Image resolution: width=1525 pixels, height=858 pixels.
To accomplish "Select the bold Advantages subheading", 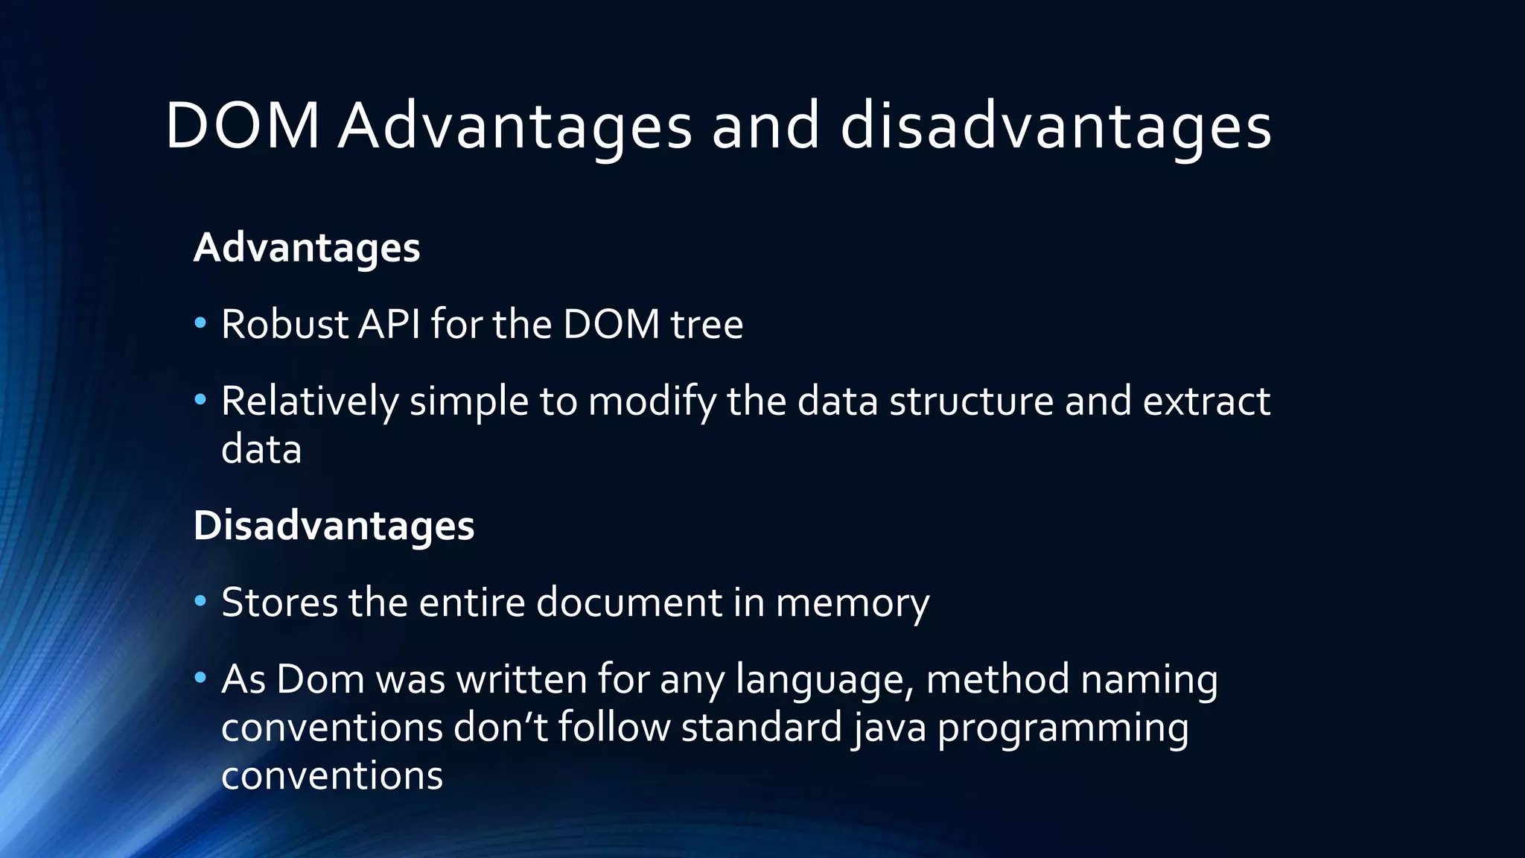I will (x=307, y=247).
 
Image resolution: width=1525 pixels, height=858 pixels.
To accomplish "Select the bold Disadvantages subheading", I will (x=334, y=525).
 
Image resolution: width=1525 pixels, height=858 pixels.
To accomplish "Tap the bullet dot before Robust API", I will (x=200, y=323).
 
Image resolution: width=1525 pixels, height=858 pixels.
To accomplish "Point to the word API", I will (x=389, y=324).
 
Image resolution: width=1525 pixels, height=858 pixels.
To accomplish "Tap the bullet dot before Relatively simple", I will (x=200, y=400).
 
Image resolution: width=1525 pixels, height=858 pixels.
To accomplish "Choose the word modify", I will (x=652, y=401).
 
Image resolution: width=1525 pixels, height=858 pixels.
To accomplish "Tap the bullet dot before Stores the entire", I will (x=200, y=600).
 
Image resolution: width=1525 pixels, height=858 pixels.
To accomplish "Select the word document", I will (x=629, y=602).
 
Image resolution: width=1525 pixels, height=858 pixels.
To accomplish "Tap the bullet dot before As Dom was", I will (x=200, y=678).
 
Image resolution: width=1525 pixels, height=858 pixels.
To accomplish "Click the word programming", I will (x=1063, y=728).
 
